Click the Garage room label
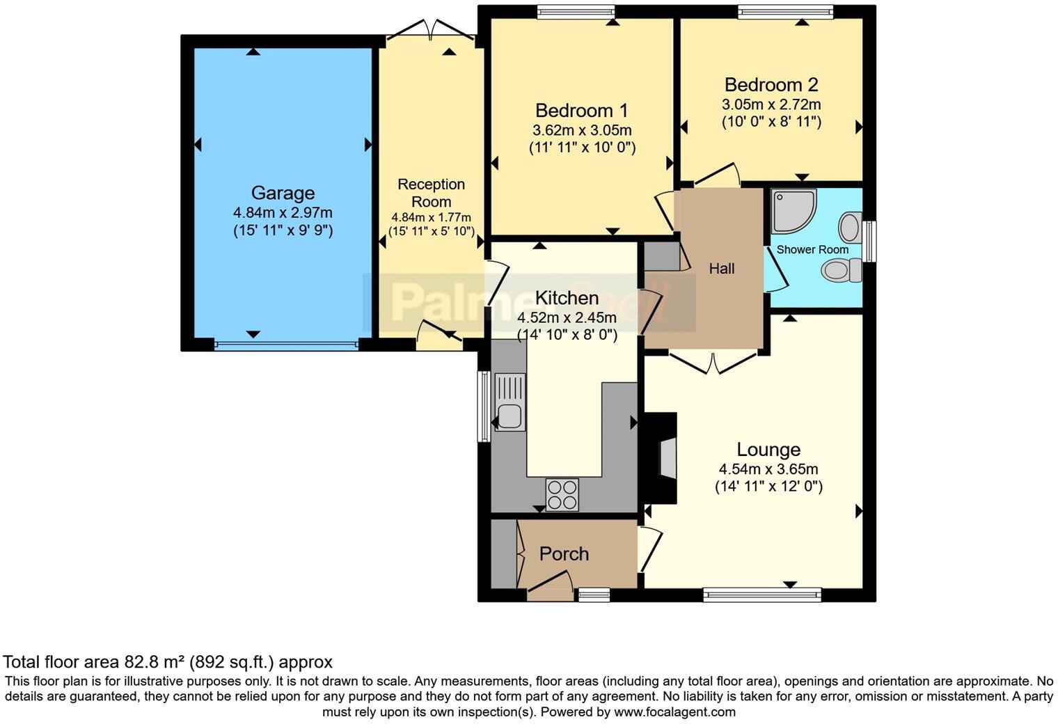pyautogui.click(x=283, y=193)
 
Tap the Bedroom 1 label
pyautogui.click(x=582, y=111)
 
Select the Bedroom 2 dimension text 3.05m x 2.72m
pyautogui.click(x=771, y=104)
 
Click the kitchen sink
pyautogui.click(x=510, y=402)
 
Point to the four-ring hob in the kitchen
pyautogui.click(x=562, y=495)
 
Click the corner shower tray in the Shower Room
pyautogui.click(x=793, y=211)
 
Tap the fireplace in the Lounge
pyautogui.click(x=661, y=458)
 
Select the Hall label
pyautogui.click(x=722, y=269)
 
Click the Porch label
pyautogui.click(x=564, y=554)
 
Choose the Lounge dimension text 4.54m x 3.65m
pyautogui.click(x=768, y=469)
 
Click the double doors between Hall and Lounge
pyautogui.click(x=713, y=363)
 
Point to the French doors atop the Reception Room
pyautogui.click(x=431, y=29)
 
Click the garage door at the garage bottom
pyautogui.click(x=286, y=345)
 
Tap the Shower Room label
pyautogui.click(x=812, y=249)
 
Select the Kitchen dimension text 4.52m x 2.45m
pyautogui.click(x=567, y=317)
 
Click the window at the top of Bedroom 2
pyautogui.click(x=785, y=11)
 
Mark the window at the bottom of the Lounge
pyautogui.click(x=762, y=595)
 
